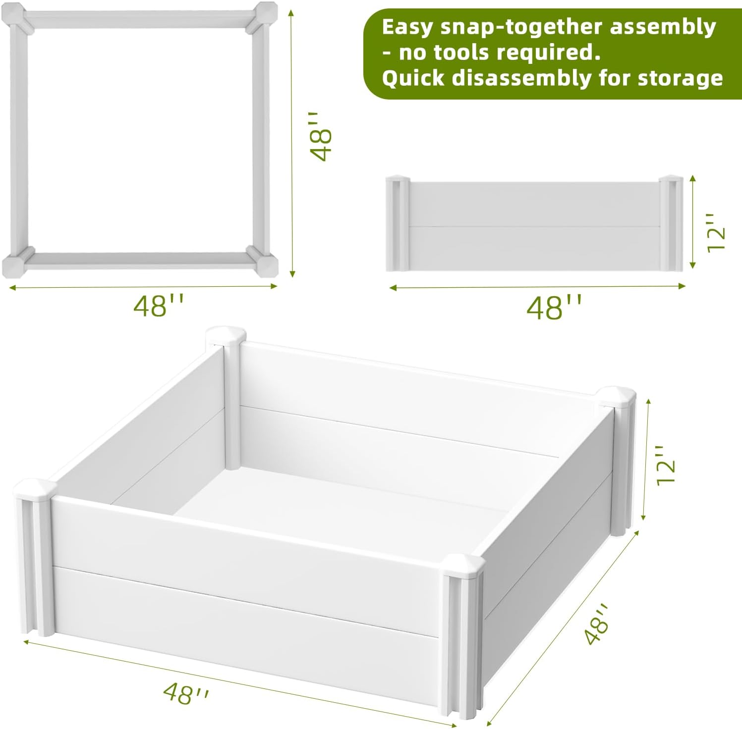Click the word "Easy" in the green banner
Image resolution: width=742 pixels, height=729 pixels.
tap(406, 28)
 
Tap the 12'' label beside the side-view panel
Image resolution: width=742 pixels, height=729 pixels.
tap(716, 233)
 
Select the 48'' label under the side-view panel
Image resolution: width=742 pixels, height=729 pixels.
tap(553, 308)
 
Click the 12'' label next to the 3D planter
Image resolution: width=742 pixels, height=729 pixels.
tap(666, 465)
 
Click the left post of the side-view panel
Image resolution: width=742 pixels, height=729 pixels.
tap(397, 223)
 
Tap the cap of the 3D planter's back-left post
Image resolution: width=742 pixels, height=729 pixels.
tap(226, 336)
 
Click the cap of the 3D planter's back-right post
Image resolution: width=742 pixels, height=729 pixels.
tap(616, 397)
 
